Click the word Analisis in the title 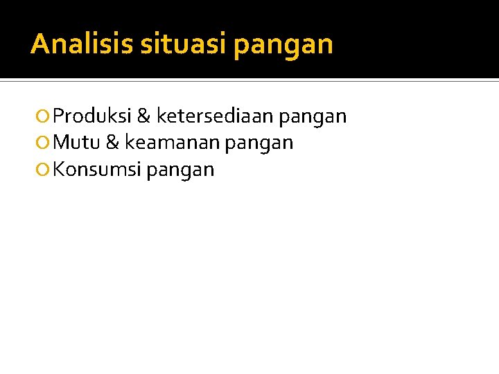[x=82, y=44]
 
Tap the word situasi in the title [x=184, y=44]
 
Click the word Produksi [x=92, y=116]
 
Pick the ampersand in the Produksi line [x=143, y=116]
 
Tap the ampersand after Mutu [x=112, y=143]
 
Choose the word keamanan [x=172, y=143]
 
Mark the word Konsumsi [x=97, y=169]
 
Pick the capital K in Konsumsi [x=58, y=169]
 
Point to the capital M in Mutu [x=60, y=143]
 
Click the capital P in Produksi [x=58, y=116]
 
